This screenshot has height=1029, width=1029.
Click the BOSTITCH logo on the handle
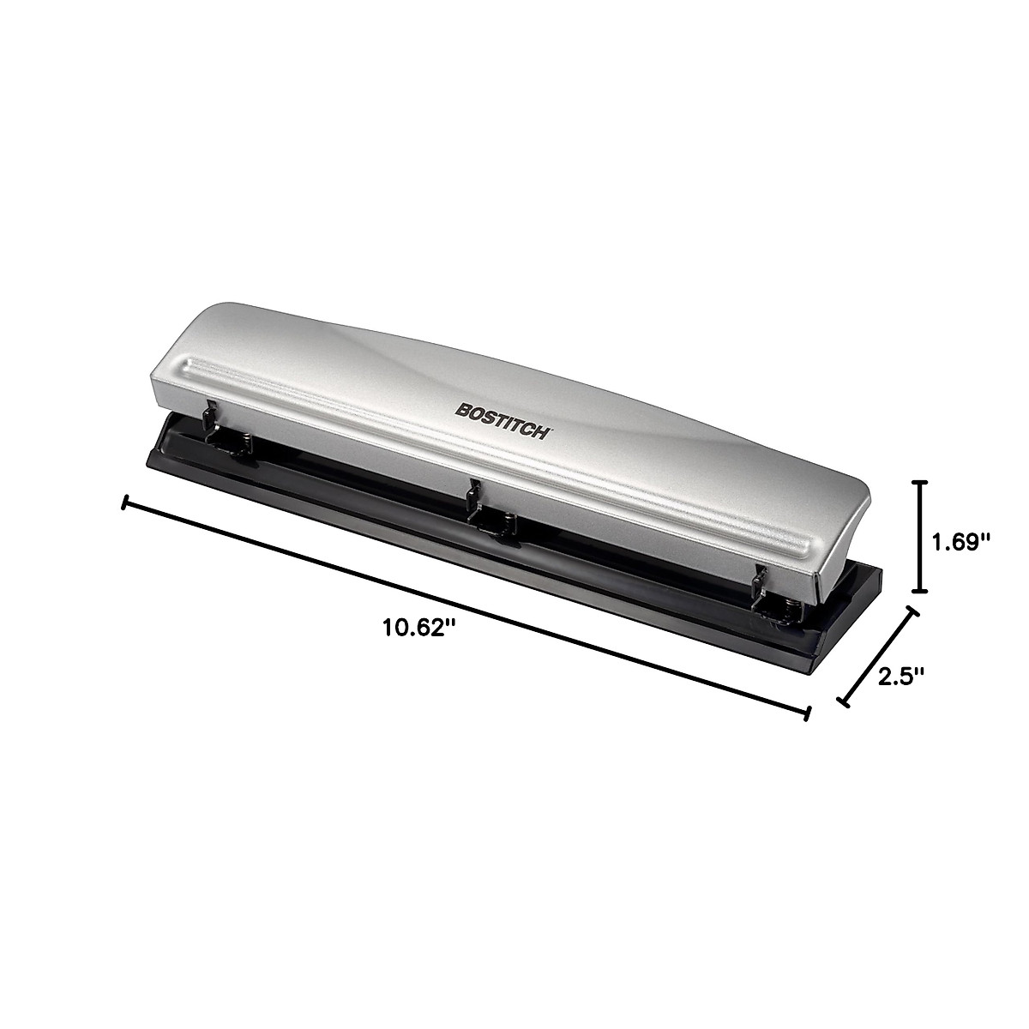502,421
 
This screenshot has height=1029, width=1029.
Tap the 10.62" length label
417,628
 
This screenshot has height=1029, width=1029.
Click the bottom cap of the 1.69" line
920,590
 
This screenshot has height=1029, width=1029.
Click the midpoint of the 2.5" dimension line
877,658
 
